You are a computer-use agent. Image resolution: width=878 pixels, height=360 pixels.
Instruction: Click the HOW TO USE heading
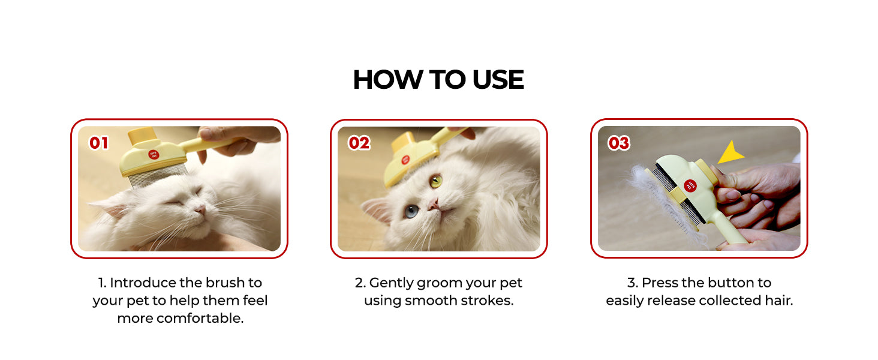(x=438, y=80)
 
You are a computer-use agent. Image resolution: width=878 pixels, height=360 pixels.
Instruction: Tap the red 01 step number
(x=99, y=143)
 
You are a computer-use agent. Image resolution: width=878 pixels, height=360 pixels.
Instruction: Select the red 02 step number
(x=359, y=143)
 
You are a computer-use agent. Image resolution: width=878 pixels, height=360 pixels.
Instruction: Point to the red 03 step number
(x=618, y=143)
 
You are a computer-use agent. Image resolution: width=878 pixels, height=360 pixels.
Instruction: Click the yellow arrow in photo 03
(x=730, y=152)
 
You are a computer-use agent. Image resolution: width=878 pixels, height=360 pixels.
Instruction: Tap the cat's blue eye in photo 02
(x=411, y=211)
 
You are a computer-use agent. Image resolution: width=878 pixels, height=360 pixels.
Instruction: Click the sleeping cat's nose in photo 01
(x=201, y=209)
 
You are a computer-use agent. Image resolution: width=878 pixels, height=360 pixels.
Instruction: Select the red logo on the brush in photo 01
(x=154, y=155)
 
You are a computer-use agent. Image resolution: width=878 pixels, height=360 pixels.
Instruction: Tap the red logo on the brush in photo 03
(x=690, y=185)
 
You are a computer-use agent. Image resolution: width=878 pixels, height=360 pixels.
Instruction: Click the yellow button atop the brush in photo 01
(x=143, y=136)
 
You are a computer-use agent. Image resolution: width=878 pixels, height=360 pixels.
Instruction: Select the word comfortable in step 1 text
(x=200, y=318)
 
